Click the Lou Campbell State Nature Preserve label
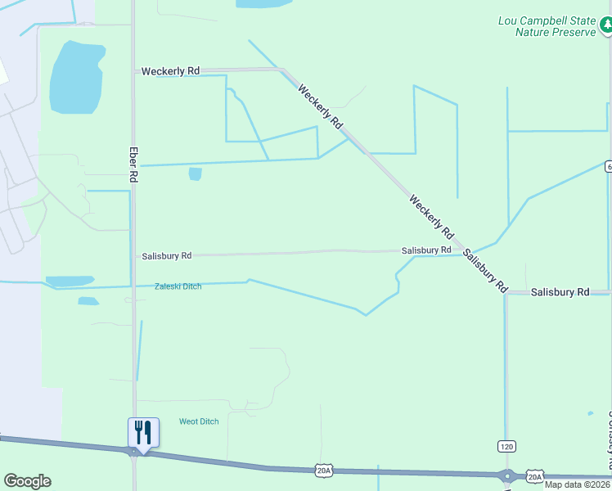click(547, 26)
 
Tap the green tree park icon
click(606, 26)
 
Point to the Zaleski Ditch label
click(178, 286)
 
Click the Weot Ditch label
click(199, 421)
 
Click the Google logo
click(27, 481)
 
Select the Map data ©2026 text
click(578, 484)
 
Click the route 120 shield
click(506, 446)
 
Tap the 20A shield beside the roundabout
click(534, 476)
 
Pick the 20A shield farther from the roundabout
click(324, 470)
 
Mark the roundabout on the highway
click(506, 475)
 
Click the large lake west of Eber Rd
click(76, 78)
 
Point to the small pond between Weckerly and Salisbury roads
click(195, 173)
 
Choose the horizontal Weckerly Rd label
click(170, 71)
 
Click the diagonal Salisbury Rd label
click(484, 272)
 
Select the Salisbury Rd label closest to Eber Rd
click(166, 256)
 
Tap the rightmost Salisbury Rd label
click(560, 292)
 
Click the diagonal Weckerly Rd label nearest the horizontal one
click(320, 106)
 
